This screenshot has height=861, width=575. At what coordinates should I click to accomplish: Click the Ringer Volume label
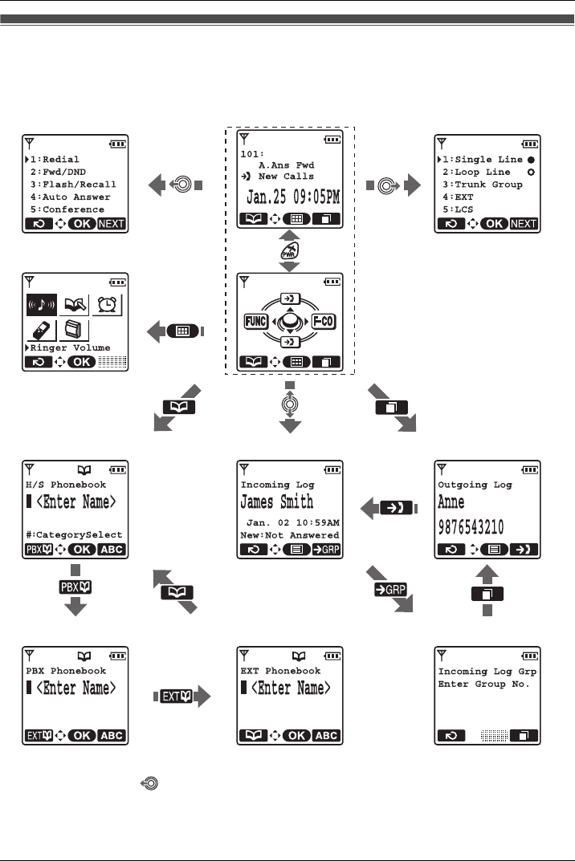pyautogui.click(x=71, y=348)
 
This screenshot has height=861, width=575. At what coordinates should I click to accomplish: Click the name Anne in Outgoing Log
pyautogui.click(x=451, y=503)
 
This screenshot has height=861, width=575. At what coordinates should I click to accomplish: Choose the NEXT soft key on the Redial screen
pyautogui.click(x=111, y=223)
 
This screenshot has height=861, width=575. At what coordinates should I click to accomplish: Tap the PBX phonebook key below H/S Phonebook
pyautogui.click(x=73, y=588)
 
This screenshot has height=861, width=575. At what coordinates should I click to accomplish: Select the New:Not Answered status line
pyautogui.click(x=290, y=535)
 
